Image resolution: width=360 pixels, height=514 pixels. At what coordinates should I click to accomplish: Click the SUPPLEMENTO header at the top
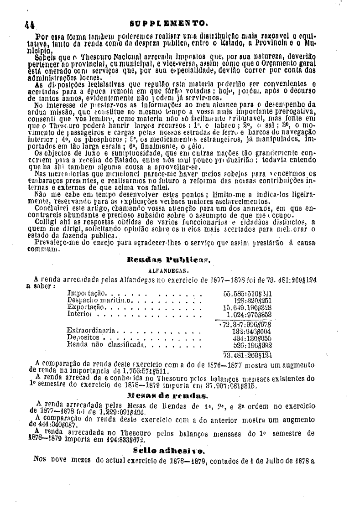(x=182, y=21)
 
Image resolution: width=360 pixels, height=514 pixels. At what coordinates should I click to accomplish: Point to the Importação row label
(x=86, y=292)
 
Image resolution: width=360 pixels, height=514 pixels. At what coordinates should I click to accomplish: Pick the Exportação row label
(x=86, y=307)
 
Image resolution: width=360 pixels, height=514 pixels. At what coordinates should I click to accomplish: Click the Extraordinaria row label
(x=92, y=330)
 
